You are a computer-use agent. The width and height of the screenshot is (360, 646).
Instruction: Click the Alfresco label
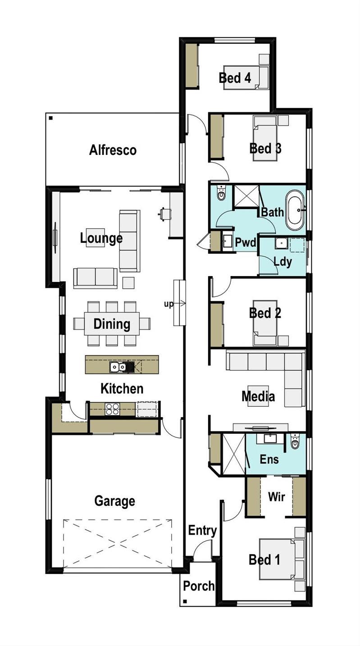(x=113, y=150)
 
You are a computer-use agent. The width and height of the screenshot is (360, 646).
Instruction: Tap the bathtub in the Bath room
(x=296, y=209)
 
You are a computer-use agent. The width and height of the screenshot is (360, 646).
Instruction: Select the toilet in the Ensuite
(x=295, y=443)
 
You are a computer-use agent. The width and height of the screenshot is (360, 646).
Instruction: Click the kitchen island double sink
(x=119, y=367)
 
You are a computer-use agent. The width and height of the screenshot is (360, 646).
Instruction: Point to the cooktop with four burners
(x=112, y=409)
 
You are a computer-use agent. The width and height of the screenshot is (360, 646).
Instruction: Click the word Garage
(x=114, y=501)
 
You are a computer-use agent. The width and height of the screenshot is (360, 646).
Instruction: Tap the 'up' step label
(x=169, y=304)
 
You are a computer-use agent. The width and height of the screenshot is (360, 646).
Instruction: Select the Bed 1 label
(x=264, y=560)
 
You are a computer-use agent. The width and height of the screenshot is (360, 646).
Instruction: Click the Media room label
(x=258, y=396)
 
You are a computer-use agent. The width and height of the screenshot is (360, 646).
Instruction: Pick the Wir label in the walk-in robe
(x=276, y=497)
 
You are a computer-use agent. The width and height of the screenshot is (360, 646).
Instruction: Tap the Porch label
(x=199, y=586)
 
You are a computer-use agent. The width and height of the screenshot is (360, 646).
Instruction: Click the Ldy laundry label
(x=283, y=261)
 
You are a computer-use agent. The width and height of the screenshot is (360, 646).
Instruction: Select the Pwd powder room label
(x=246, y=243)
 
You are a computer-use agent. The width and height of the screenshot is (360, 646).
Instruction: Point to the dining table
(x=112, y=323)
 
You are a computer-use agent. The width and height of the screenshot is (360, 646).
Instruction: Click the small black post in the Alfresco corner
(x=51, y=118)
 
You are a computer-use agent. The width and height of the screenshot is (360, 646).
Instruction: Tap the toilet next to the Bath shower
(x=221, y=194)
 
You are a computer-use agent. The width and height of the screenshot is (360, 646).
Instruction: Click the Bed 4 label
(x=235, y=77)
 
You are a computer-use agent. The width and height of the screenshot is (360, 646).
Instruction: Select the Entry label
(x=202, y=531)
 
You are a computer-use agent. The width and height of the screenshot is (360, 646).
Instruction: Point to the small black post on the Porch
(x=185, y=601)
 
